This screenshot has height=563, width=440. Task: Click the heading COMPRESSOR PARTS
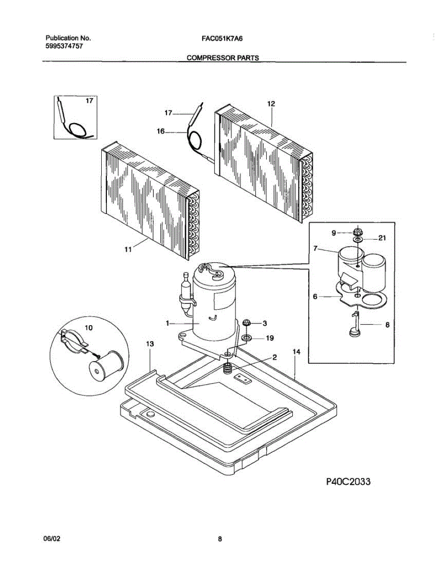click(x=223, y=58)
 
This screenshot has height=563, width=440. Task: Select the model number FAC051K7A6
click(x=216, y=38)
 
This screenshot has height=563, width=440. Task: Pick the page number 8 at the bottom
click(x=219, y=539)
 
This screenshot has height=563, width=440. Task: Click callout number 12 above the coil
click(x=271, y=104)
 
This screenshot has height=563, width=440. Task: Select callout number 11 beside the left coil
click(x=127, y=250)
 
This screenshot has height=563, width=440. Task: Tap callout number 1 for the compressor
click(x=167, y=323)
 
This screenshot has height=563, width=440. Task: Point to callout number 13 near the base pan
click(x=149, y=344)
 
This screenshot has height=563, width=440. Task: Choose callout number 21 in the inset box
click(x=382, y=238)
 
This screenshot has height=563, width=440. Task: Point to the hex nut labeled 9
click(x=357, y=231)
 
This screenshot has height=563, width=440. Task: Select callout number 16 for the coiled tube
click(x=161, y=132)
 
